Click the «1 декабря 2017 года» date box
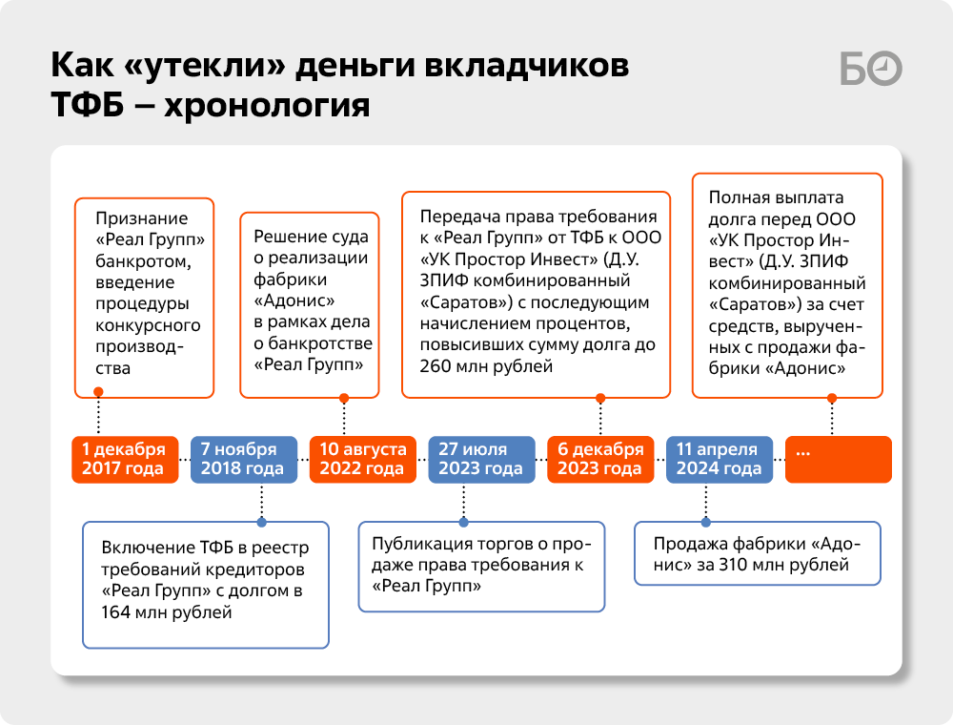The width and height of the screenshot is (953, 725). click(125, 459)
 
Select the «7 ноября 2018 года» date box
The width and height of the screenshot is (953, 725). click(244, 459)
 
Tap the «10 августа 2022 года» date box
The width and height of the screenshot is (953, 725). click(363, 459)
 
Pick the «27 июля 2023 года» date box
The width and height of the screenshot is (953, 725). click(481, 459)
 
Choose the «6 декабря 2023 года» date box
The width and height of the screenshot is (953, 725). click(600, 459)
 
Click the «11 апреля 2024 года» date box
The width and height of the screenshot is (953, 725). click(720, 459)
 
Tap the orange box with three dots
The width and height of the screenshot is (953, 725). click(839, 459)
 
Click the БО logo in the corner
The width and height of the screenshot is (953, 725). click(871, 69)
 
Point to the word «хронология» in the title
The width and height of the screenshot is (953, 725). click(267, 105)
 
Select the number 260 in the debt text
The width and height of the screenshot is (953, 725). click(436, 366)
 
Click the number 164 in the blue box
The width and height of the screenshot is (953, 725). click(115, 611)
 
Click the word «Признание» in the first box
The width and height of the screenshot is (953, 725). click(142, 219)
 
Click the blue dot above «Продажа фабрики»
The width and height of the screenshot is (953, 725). click(705, 522)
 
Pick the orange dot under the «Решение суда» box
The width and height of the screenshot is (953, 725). click(344, 399)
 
